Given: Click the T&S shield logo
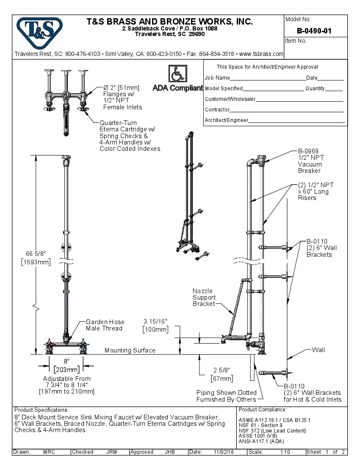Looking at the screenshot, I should (x=39, y=31).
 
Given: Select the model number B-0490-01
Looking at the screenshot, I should (x=314, y=31).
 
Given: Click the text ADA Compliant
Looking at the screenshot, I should (x=177, y=88).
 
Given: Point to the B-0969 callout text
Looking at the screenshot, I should (x=308, y=151).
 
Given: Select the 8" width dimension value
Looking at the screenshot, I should (x=66, y=361).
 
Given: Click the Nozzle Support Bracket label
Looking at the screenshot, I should (x=204, y=297).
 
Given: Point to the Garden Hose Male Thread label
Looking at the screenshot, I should (x=104, y=325).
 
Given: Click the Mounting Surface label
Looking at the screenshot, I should (x=130, y=350).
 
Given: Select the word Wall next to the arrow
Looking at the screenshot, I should (x=318, y=350).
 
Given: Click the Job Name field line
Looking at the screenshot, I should (x=268, y=79).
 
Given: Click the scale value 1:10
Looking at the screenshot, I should (x=285, y=452).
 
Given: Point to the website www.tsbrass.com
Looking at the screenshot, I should (x=261, y=54).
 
